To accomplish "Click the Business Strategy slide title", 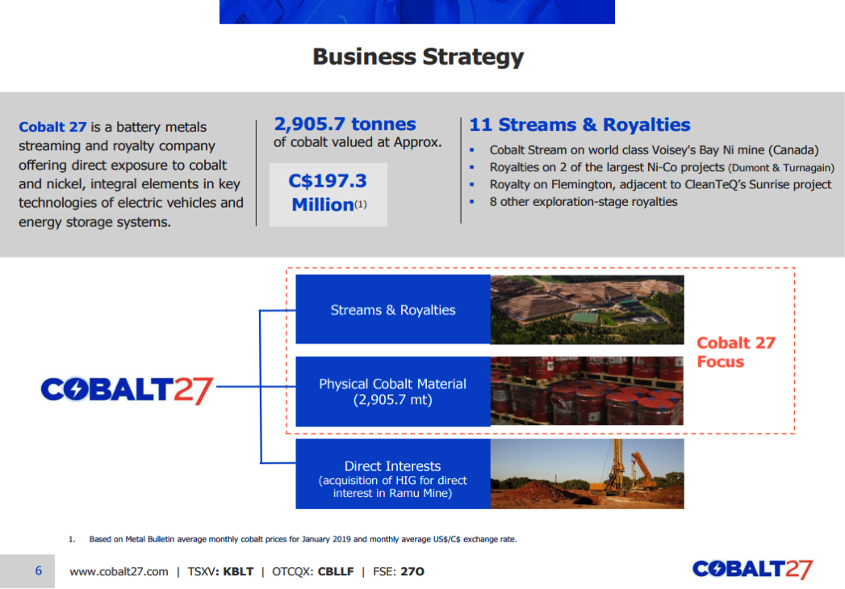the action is coord(418,57).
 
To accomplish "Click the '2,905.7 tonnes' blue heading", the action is coord(345,124).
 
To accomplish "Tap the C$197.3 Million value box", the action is coord(328,194).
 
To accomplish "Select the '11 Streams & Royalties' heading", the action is coord(579,124).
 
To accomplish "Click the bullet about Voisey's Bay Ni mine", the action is coord(654,150).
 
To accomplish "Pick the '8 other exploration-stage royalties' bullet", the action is coord(584,202).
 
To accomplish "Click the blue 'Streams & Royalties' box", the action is coord(393,309).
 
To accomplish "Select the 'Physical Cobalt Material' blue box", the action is coord(393,392).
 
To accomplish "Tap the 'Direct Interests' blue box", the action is coord(393,473).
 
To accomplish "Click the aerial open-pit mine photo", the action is coord(587,309).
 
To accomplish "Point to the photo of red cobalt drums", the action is coord(587,391).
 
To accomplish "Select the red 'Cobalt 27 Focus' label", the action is coord(735,352).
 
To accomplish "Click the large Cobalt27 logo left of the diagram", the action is coord(128,390).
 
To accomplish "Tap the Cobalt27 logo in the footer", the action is coord(753,569).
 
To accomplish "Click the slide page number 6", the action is coord(38,570).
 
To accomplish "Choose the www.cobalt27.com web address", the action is coord(119,571).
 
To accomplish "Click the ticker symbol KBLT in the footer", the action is coord(238,571).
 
